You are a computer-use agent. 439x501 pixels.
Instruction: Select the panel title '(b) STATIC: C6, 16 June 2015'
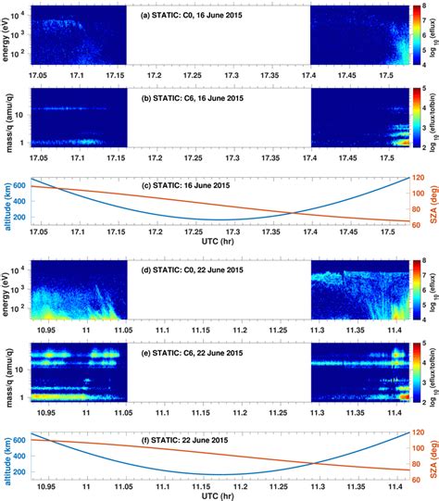click(190, 96)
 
